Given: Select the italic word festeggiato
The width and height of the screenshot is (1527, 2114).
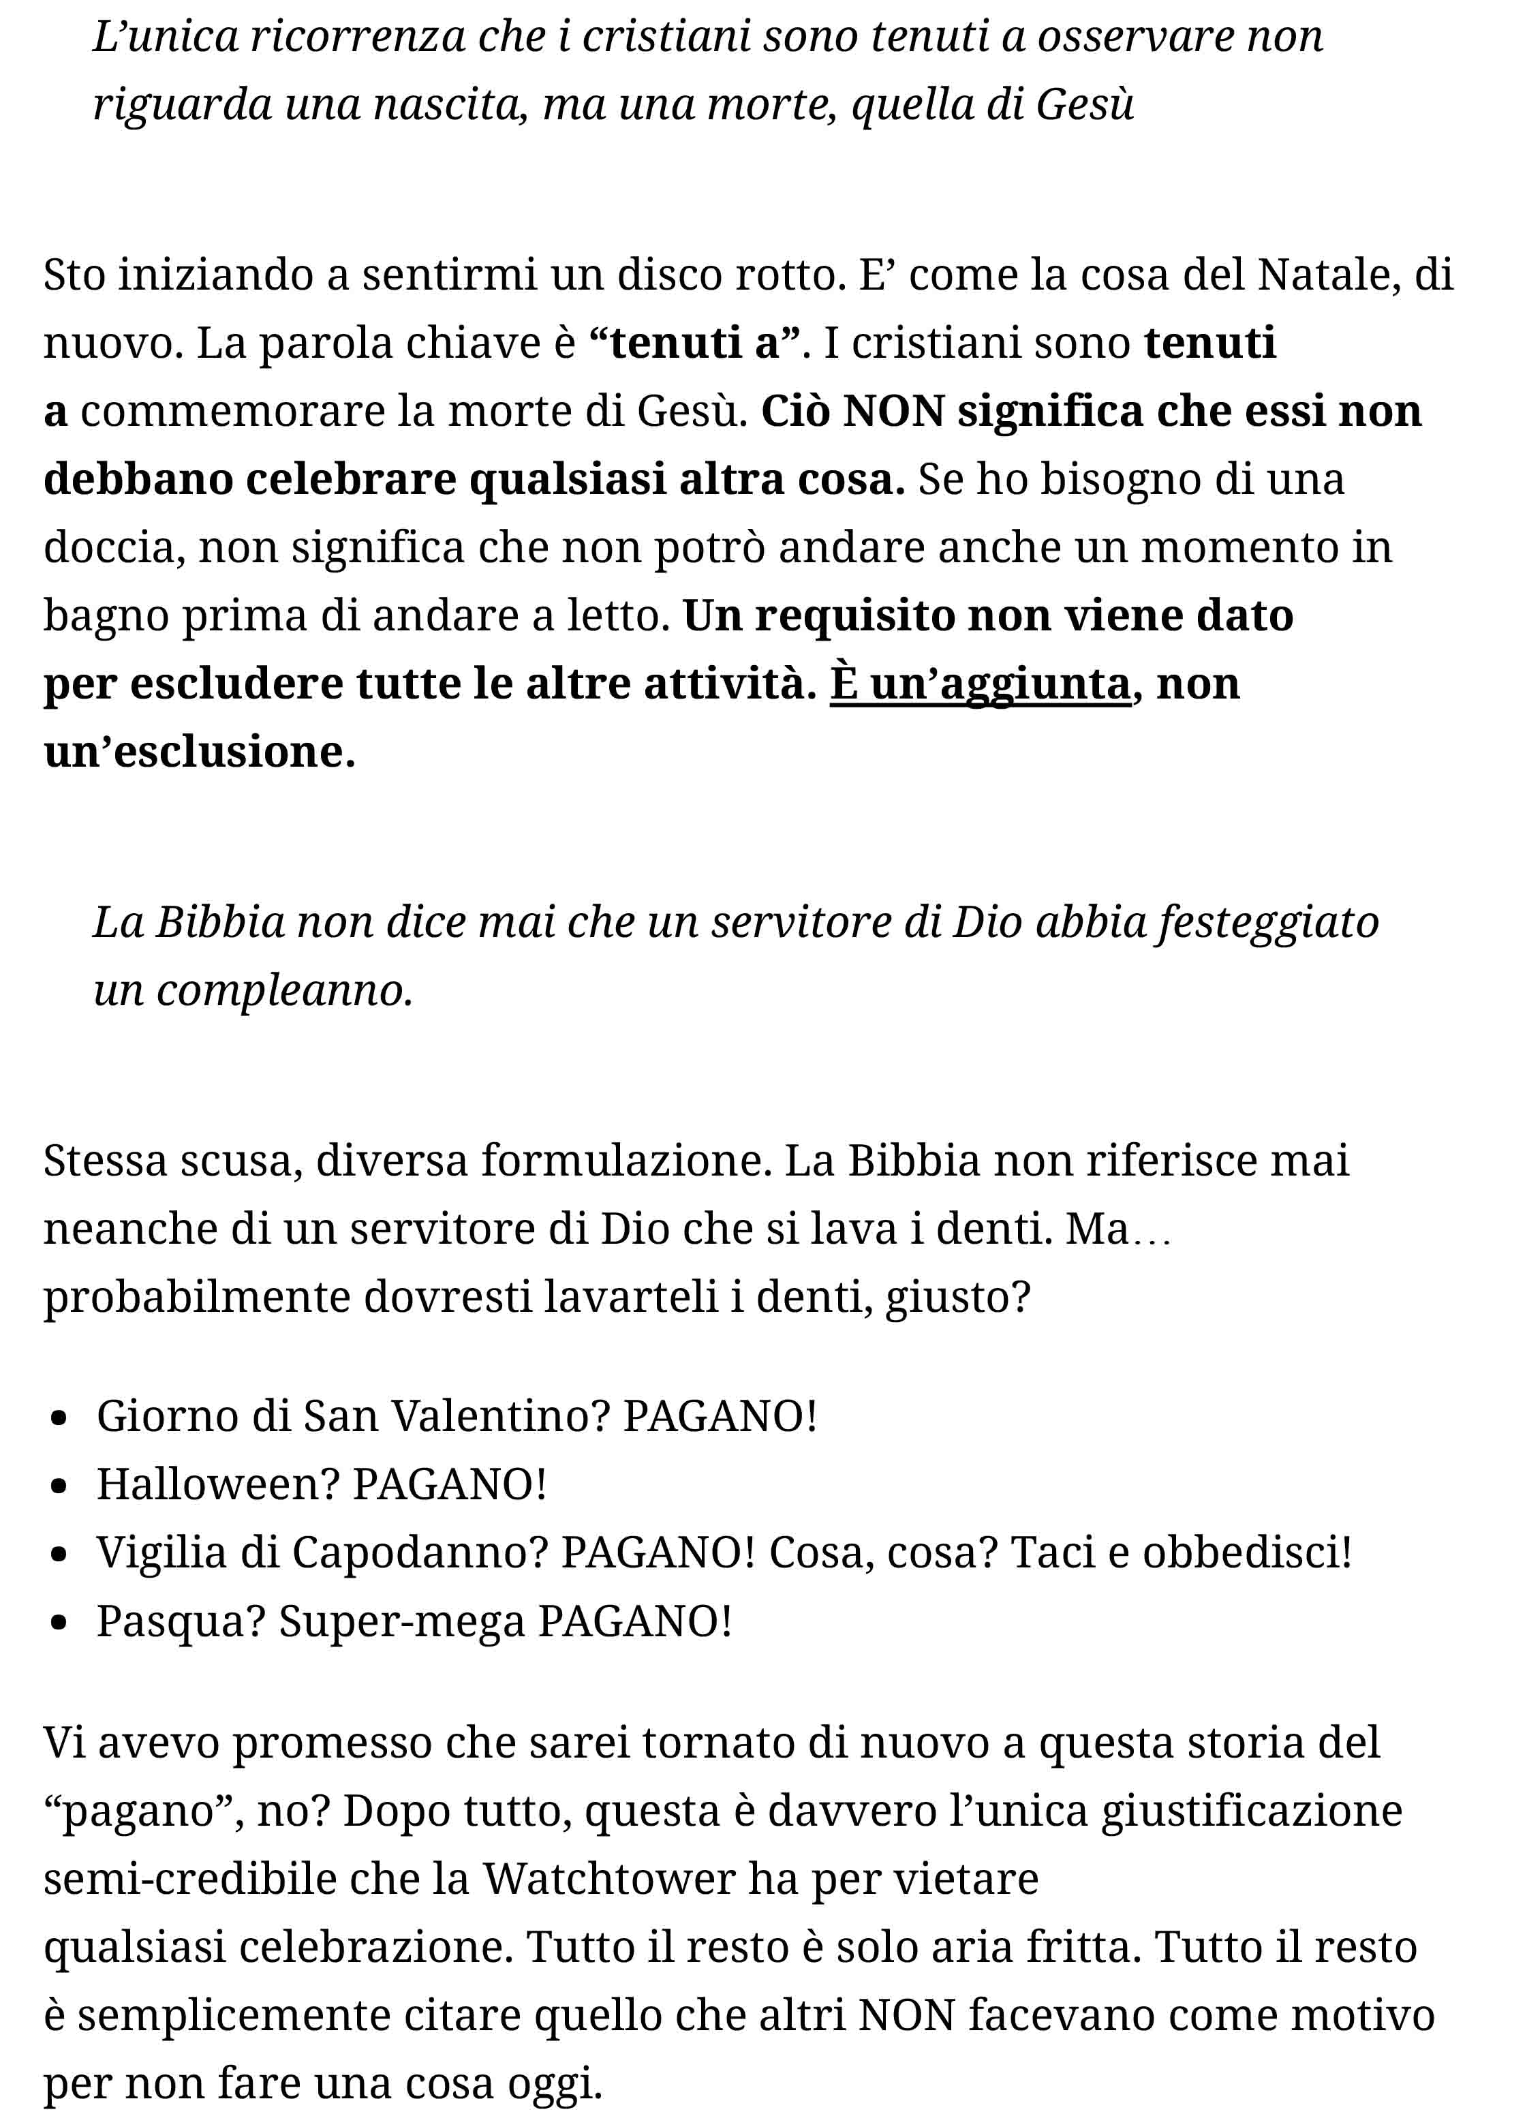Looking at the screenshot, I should click(x=1268, y=922).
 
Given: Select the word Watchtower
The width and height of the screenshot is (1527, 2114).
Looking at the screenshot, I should click(x=608, y=1879).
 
